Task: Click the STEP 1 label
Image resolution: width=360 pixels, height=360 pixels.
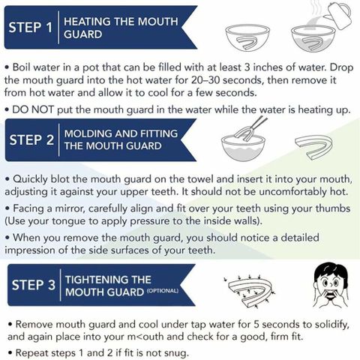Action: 31,27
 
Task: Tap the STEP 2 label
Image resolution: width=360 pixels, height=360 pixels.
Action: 31,139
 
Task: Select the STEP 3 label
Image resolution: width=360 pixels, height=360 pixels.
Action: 34,285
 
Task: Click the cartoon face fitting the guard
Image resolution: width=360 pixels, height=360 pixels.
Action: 331,285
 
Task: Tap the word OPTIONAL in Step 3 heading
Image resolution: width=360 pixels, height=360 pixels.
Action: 163,291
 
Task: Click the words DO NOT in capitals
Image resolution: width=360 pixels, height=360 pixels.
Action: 33,109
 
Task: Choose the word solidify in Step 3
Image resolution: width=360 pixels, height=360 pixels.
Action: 332,325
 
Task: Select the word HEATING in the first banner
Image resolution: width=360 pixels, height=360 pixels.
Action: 87,22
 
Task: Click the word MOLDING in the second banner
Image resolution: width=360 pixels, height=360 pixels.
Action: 88,133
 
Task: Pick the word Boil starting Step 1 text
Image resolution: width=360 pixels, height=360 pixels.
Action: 22,67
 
